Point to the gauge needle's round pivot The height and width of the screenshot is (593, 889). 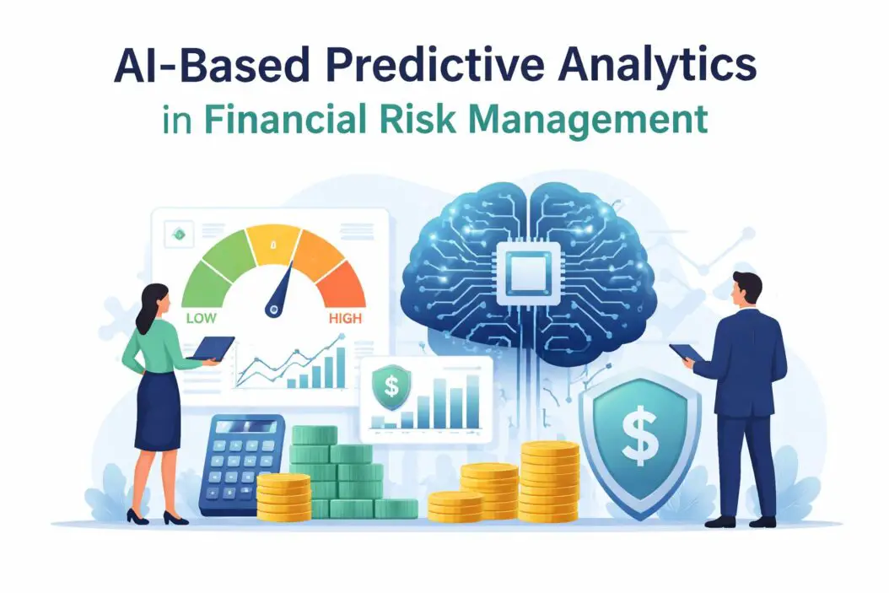point(272,310)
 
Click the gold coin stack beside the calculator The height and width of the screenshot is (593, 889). point(283,496)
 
